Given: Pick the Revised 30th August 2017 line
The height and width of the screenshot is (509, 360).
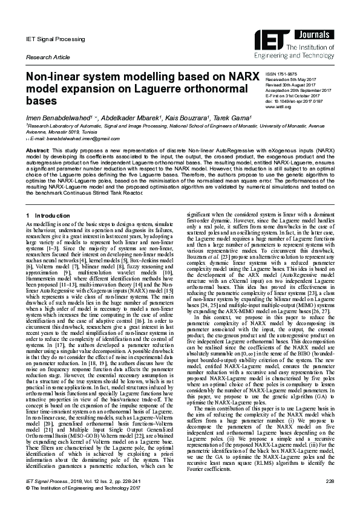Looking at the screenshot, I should pyautogui.click(x=296, y=85).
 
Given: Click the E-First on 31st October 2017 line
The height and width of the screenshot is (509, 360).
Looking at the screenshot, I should pyautogui.click(x=298, y=96).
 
